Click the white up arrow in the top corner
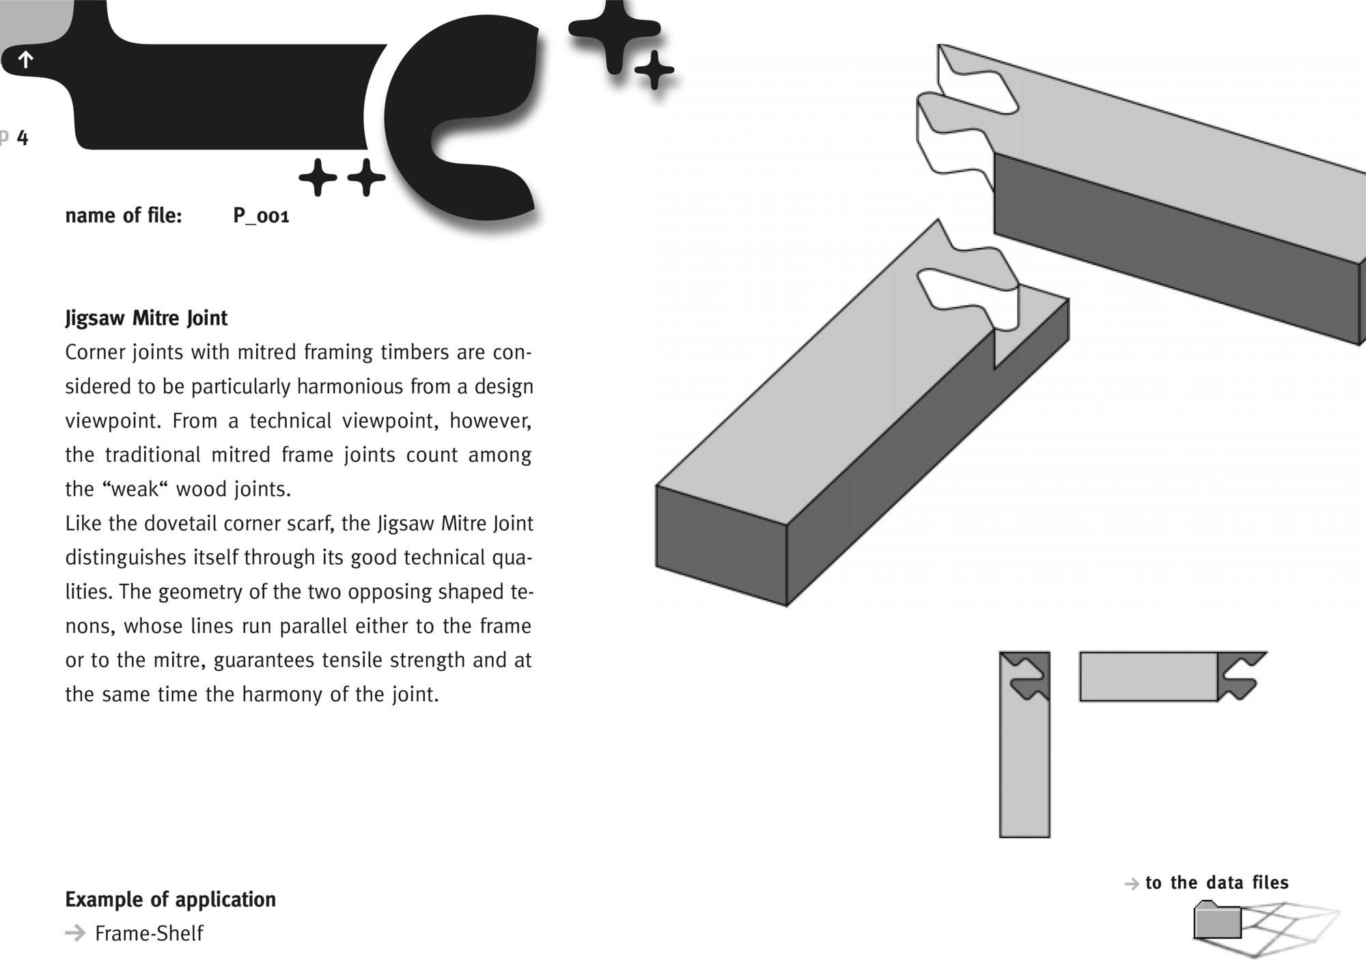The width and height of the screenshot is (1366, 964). click(x=25, y=59)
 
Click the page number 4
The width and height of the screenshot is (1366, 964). click(x=23, y=138)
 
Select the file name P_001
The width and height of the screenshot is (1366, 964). click(x=261, y=216)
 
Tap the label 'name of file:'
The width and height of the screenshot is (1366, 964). click(x=124, y=216)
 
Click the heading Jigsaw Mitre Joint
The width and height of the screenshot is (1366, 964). click(x=146, y=318)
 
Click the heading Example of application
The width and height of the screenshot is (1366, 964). click(x=170, y=899)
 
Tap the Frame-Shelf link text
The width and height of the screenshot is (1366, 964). click(x=149, y=933)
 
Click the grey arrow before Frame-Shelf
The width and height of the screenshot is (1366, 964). click(x=75, y=933)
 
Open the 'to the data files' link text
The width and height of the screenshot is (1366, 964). click(x=1216, y=883)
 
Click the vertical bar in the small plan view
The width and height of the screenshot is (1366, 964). click(x=1024, y=765)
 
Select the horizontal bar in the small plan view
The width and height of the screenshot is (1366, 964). click(x=1147, y=677)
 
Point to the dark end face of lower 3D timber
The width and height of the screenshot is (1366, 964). click(x=721, y=546)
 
